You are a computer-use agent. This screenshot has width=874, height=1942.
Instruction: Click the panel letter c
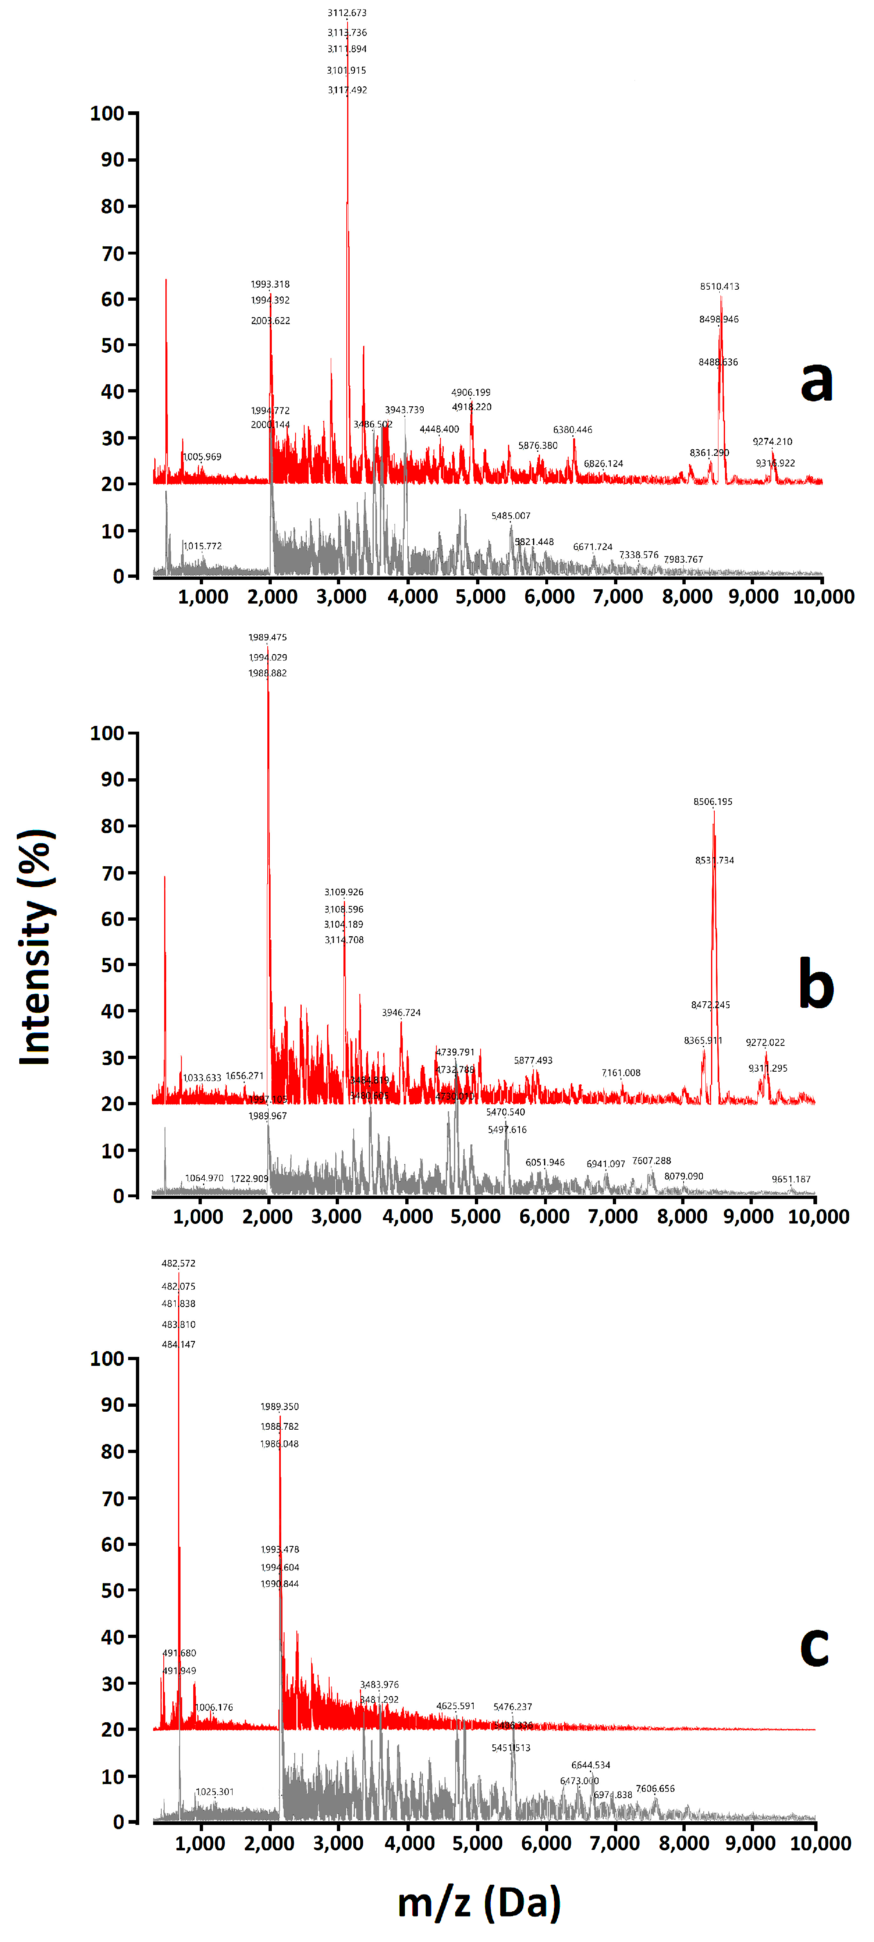tap(814, 1646)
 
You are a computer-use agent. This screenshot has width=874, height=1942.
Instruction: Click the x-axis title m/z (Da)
tap(479, 1902)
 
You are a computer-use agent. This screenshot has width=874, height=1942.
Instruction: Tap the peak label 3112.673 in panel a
tap(347, 13)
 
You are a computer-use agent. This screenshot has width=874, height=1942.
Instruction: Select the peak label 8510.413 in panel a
tap(719, 286)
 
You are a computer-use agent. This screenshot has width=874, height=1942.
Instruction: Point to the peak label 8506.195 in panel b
tap(713, 801)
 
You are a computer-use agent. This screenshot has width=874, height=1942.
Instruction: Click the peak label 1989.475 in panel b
tap(268, 637)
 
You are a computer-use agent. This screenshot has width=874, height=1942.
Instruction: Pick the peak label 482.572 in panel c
tap(178, 1263)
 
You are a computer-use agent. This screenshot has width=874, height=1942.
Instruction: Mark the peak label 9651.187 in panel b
tap(791, 1179)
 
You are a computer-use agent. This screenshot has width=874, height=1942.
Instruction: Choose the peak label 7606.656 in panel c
tap(655, 1788)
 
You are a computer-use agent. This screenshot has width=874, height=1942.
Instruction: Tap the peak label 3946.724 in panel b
tap(401, 1012)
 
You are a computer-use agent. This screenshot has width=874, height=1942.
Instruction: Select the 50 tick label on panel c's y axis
tap(112, 1591)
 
